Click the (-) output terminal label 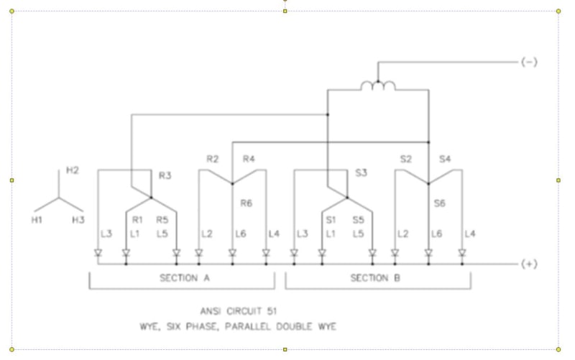pyautogui.click(x=529, y=62)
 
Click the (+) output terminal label pyautogui.click(x=529, y=264)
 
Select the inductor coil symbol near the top pyautogui.click(x=377, y=86)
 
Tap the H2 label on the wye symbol pyautogui.click(x=72, y=170)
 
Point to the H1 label pyautogui.click(x=37, y=220)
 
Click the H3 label pyautogui.click(x=78, y=220)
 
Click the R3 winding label pyautogui.click(x=165, y=175)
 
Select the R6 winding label pyautogui.click(x=247, y=203)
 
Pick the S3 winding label pyautogui.click(x=361, y=173)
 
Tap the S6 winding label pyautogui.click(x=440, y=203)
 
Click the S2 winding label pyautogui.click(x=406, y=159)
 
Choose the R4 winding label pyautogui.click(x=249, y=159)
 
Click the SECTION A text pyautogui.click(x=181, y=277)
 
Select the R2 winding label pyautogui.click(x=212, y=159)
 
